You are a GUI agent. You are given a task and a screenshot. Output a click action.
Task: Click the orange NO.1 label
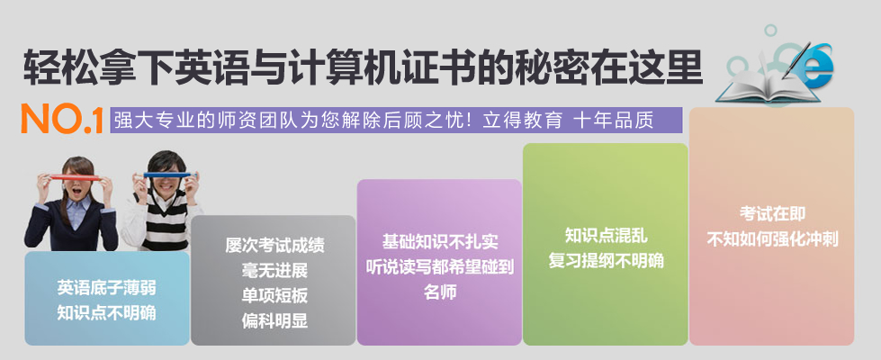[62, 119]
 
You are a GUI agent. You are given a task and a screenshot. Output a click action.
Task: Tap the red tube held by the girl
[76, 178]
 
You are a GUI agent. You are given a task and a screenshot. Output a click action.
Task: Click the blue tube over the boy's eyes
[166, 175]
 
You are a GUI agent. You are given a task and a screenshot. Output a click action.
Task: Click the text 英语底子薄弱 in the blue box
[107, 288]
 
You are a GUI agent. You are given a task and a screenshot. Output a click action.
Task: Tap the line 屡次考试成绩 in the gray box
[274, 246]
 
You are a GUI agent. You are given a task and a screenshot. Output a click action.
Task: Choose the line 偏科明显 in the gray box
[274, 320]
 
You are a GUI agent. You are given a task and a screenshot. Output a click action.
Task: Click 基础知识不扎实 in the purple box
[440, 241]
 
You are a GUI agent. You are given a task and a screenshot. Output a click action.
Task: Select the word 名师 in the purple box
[440, 292]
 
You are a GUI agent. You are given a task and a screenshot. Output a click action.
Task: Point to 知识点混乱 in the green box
[607, 235]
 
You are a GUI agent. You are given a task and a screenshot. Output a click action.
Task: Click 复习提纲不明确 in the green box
[607, 261]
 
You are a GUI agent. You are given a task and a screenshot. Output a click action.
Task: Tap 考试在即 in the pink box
[772, 213]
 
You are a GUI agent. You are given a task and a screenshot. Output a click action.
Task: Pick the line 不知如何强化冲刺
[772, 239]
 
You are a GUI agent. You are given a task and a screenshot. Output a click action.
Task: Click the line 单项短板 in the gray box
[274, 295]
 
